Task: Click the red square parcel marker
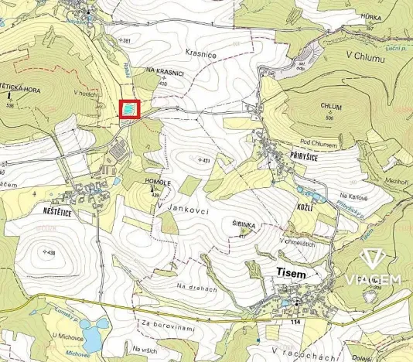click(x=128, y=109)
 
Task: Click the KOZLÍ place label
click(x=305, y=210)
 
